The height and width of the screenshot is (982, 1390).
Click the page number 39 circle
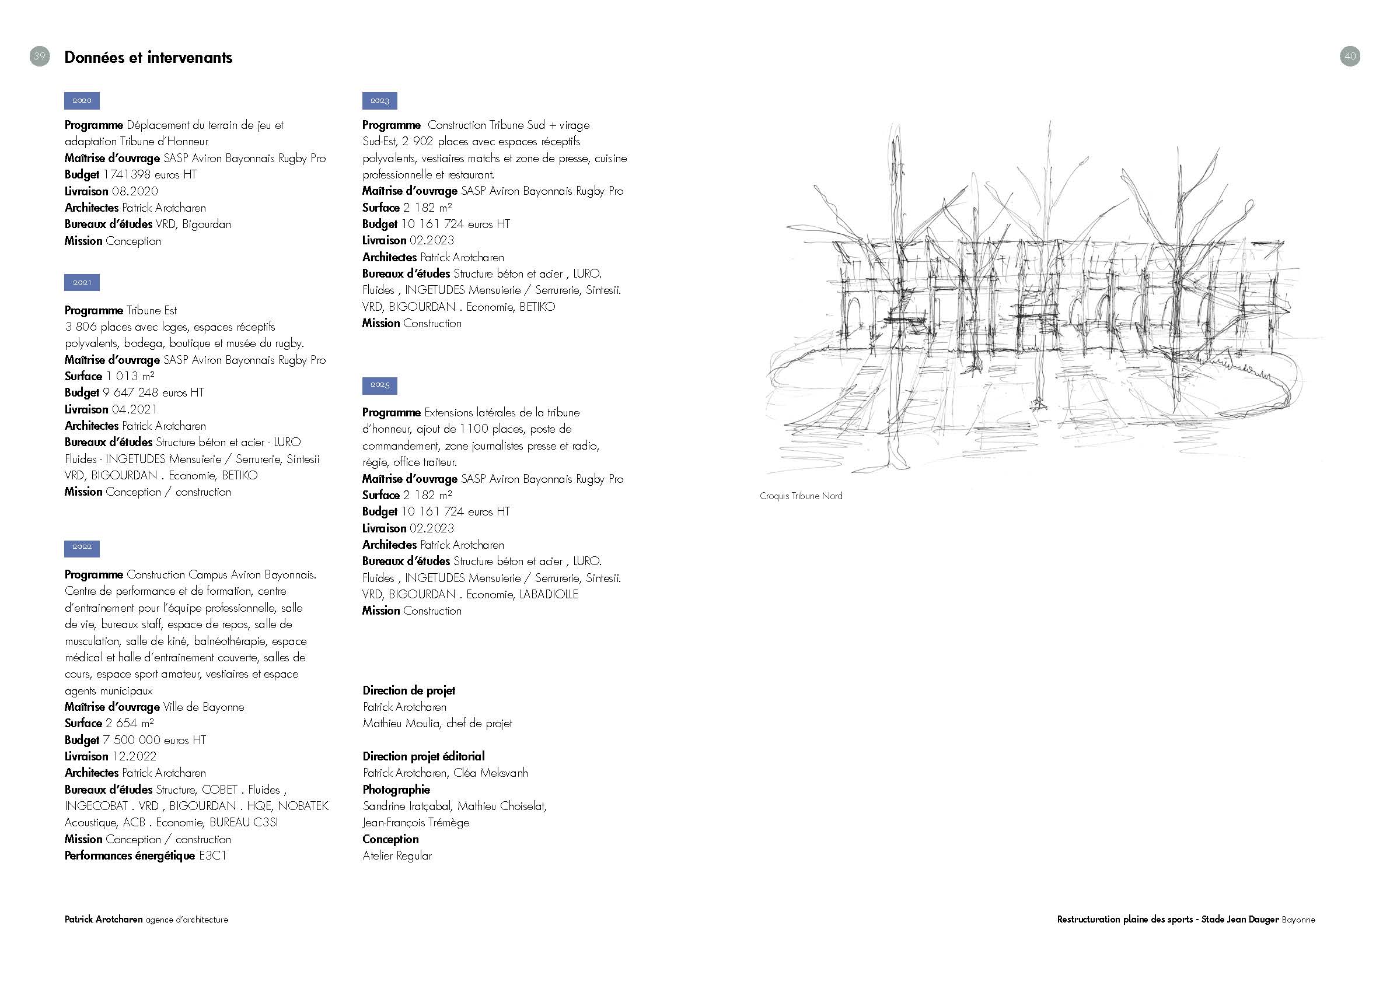(39, 56)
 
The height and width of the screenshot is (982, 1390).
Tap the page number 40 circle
(1350, 56)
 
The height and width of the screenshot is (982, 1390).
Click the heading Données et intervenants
(148, 58)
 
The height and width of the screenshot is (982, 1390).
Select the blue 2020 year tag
(82, 100)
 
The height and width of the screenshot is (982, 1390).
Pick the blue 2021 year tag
(82, 283)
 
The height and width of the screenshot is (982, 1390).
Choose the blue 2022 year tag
(82, 548)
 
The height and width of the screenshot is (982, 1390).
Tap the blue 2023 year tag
(379, 100)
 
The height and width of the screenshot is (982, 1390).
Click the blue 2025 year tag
(379, 385)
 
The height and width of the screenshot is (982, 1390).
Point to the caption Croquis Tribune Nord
(801, 496)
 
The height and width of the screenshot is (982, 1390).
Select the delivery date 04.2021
(134, 409)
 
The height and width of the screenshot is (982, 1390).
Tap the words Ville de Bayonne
(204, 707)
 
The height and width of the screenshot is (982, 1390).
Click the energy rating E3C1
(212, 856)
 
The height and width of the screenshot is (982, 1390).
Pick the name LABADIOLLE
(549, 595)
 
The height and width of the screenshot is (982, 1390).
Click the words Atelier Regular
(397, 856)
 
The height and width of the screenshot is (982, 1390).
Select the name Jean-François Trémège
(416, 823)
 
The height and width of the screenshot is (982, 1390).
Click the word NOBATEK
(303, 806)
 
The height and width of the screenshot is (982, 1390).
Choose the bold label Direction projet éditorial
(423, 756)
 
